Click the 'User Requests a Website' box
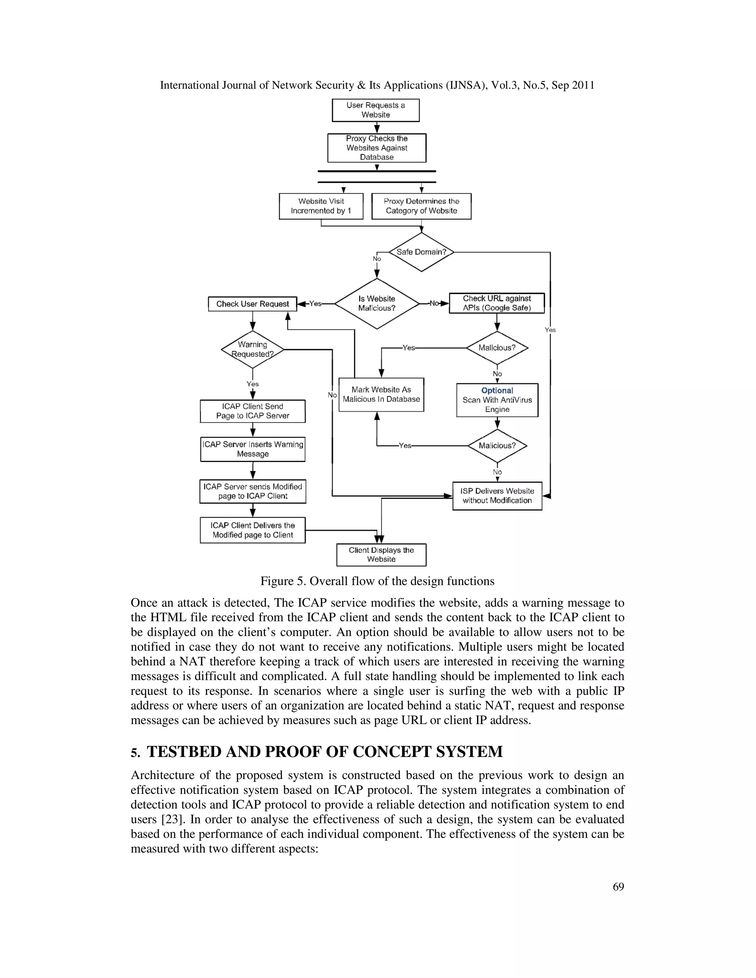tap(375, 110)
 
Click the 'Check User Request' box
tap(252, 304)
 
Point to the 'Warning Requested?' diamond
tap(252, 349)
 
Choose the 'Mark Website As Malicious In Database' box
tap(381, 395)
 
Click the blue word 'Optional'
tap(497, 390)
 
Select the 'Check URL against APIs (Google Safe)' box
tap(497, 303)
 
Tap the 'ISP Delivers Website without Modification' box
tap(497, 496)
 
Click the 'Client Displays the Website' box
tap(381, 555)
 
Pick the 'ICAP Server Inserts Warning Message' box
tap(252, 449)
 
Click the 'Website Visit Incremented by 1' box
tap(321, 206)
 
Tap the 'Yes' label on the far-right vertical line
tap(550, 330)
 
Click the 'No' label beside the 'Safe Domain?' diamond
tap(377, 259)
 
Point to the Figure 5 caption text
tap(377, 581)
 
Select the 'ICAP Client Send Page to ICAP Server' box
tap(252, 411)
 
